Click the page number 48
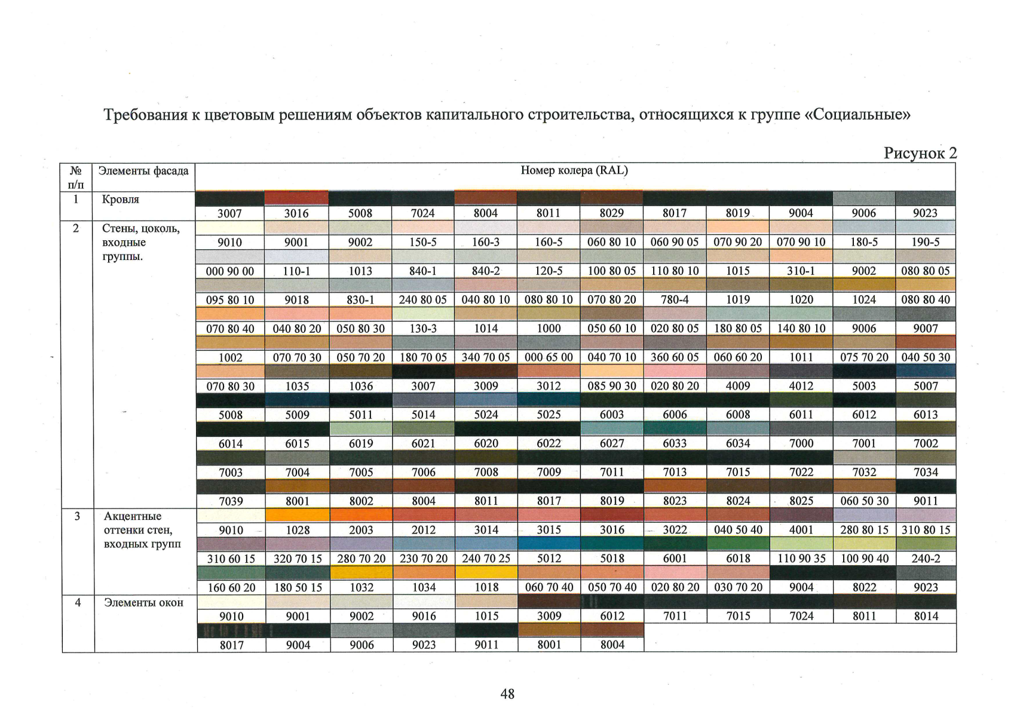tap(507, 694)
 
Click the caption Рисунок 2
tap(920, 154)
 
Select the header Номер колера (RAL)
tap(574, 170)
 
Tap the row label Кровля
tap(121, 199)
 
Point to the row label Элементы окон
tap(143, 602)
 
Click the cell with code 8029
tap(612, 213)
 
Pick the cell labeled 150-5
tap(423, 242)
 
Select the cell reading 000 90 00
tap(229, 271)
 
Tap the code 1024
tap(863, 300)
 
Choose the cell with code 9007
tap(926, 329)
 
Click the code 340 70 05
tap(486, 357)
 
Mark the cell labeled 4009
tap(738, 386)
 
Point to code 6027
tap(612, 443)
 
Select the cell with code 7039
tap(231, 501)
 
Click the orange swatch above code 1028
tap(297, 515)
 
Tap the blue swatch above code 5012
tap(549, 544)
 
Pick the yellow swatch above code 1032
tap(362, 572)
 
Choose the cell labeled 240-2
tap(926, 559)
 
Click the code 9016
tap(424, 616)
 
